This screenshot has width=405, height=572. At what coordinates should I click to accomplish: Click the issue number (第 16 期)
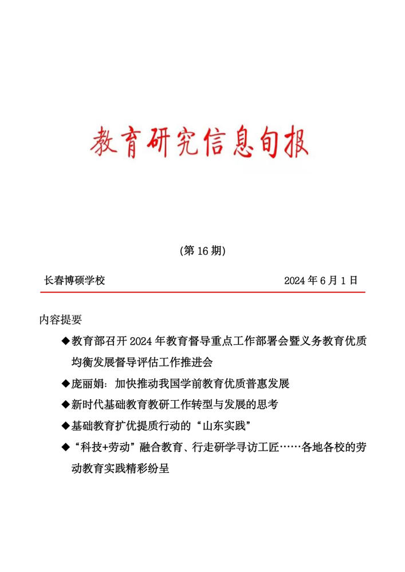pyautogui.click(x=202, y=251)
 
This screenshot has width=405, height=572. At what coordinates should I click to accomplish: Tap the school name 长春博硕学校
pyautogui.click(x=74, y=281)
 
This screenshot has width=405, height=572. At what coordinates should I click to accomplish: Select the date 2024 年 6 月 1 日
pyautogui.click(x=321, y=281)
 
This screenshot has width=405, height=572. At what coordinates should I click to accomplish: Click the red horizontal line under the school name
pyautogui.click(x=202, y=293)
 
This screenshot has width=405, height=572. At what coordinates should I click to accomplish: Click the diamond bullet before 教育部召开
pyautogui.click(x=65, y=341)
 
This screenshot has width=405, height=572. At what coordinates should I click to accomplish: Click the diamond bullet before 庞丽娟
pyautogui.click(x=65, y=383)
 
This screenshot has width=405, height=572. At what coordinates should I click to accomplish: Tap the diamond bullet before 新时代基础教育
pyautogui.click(x=65, y=404)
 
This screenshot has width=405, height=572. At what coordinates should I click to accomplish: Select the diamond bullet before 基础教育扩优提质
pyautogui.click(x=65, y=425)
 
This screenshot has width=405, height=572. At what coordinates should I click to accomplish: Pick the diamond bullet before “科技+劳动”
pyautogui.click(x=65, y=447)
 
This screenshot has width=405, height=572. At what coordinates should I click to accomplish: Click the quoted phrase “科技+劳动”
pyautogui.click(x=104, y=447)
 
